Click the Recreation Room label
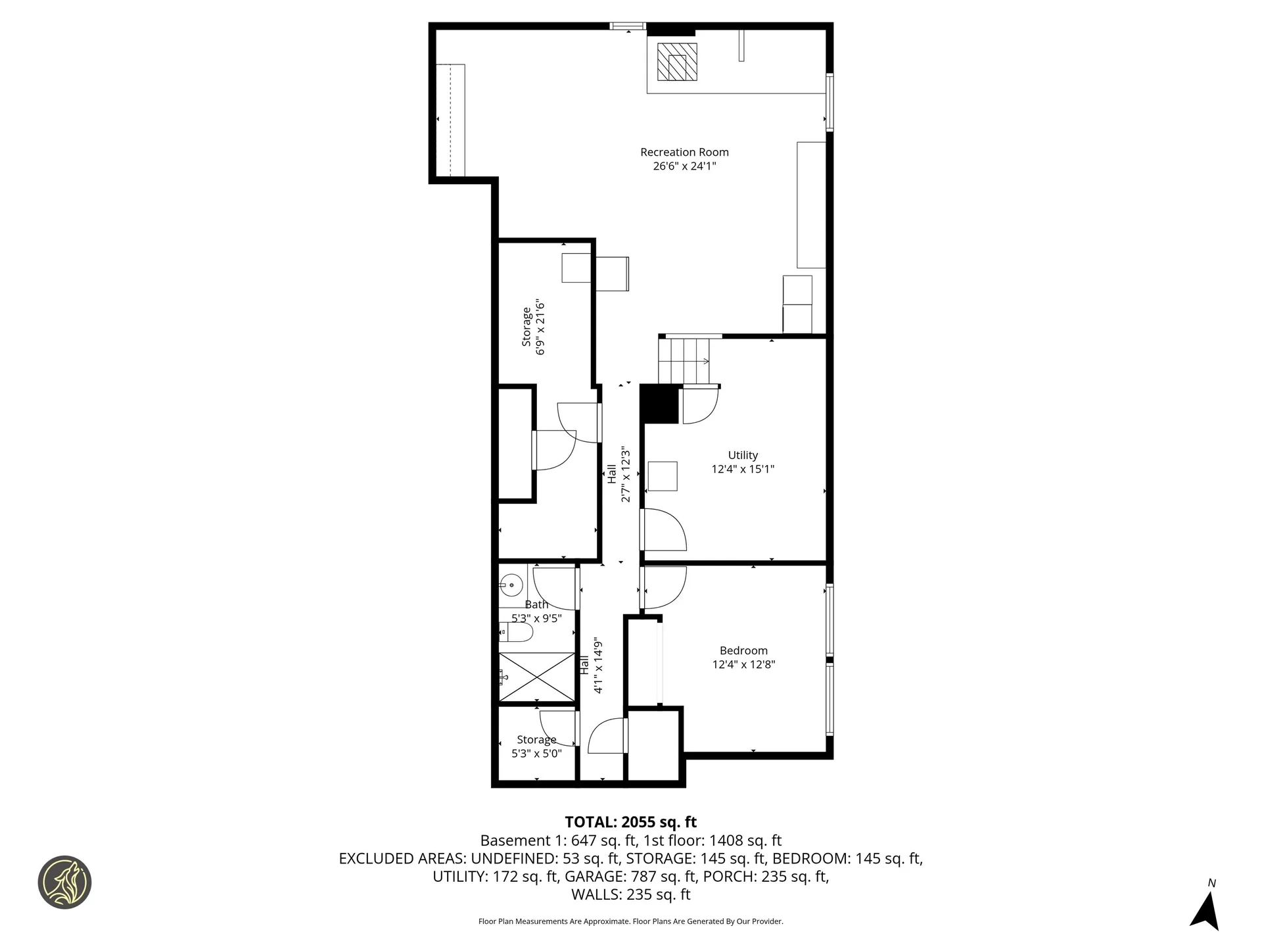684,152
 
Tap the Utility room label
743,455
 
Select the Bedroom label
743,650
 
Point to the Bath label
536,604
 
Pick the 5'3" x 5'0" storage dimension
536,754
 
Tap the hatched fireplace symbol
677,62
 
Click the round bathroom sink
511,584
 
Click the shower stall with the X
537,677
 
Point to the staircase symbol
684,360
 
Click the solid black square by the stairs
659,404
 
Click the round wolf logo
64,882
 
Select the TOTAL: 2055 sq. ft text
631,822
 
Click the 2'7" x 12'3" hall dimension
626,475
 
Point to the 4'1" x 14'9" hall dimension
598,665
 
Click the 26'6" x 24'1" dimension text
684,166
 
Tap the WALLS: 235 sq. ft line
631,894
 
